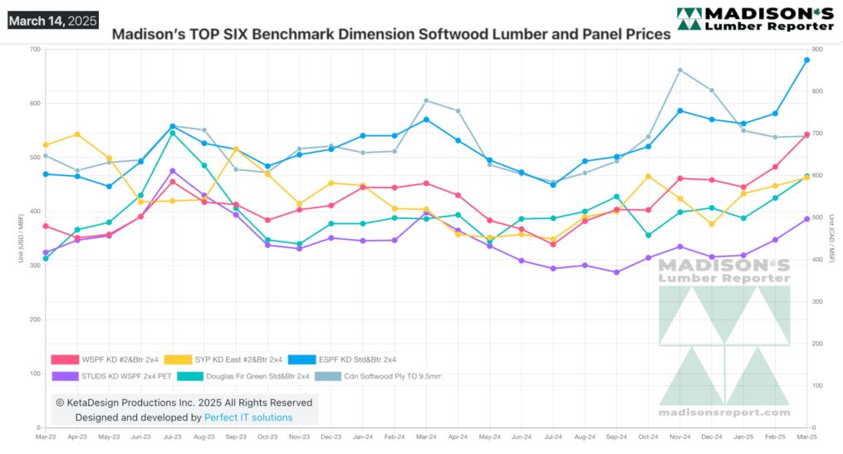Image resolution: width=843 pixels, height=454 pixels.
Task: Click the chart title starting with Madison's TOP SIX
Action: point(390,36)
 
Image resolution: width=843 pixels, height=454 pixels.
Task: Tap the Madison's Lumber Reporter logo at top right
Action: point(754,18)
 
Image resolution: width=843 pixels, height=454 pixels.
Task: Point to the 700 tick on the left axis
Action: point(34,50)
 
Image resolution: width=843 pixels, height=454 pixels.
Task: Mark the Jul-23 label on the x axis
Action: point(172,436)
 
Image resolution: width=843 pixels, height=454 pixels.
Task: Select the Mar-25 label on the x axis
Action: point(806,436)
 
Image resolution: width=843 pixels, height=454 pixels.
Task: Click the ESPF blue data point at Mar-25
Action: point(806,60)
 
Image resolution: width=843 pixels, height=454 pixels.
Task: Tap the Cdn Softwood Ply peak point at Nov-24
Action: point(679,71)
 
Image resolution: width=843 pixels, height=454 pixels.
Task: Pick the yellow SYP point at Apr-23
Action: point(77,134)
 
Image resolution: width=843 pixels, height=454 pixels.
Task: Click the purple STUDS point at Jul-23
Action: point(172,171)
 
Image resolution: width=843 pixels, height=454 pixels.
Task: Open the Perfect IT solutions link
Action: point(248,417)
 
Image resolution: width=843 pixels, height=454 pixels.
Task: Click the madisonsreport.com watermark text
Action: point(725,412)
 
